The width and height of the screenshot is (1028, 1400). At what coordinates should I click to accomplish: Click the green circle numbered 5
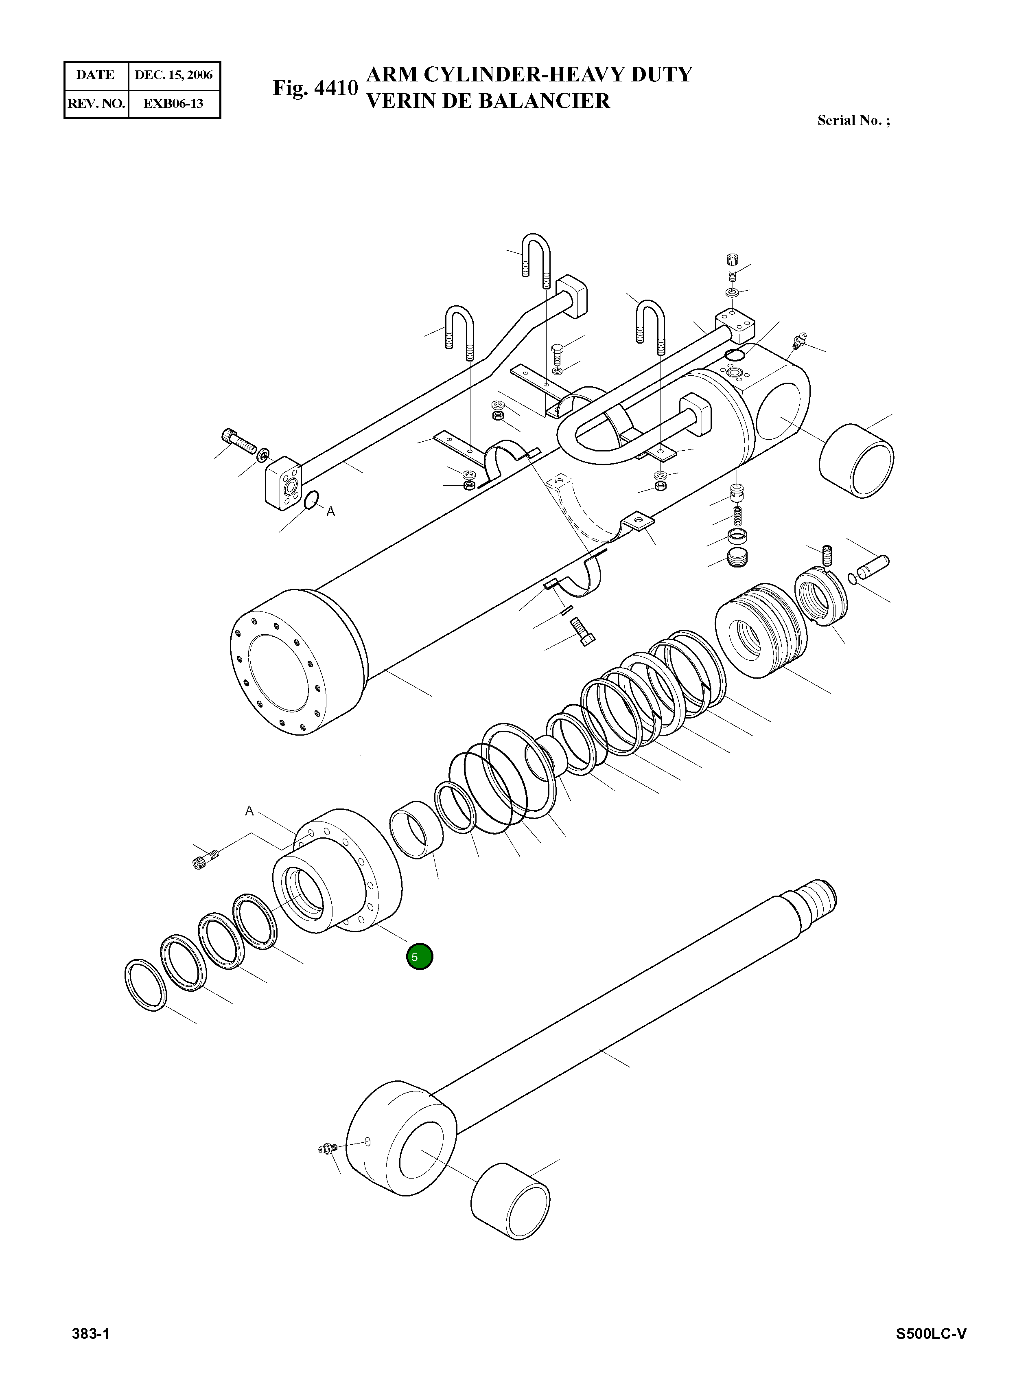(x=420, y=957)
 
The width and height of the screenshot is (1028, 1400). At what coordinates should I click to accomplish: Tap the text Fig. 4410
(x=315, y=88)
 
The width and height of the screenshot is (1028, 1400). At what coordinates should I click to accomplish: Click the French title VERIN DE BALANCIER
(x=488, y=101)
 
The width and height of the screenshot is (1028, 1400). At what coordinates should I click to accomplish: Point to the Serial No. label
(x=853, y=121)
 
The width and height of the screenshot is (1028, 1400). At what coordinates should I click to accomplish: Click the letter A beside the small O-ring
(x=330, y=512)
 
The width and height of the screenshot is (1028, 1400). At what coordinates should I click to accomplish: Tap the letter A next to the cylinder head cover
(x=249, y=811)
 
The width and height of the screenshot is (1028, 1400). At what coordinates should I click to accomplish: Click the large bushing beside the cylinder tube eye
(x=857, y=461)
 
